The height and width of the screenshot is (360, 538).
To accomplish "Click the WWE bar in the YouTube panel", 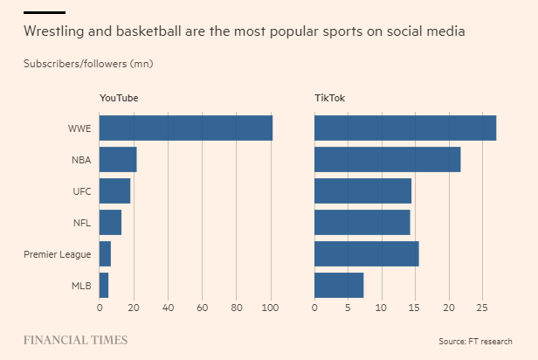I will point(185,128).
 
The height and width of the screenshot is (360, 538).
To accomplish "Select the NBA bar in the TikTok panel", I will point(387,160).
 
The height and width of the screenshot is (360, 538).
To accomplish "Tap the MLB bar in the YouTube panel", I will point(104,285).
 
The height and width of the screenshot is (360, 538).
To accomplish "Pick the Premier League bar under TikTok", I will point(366,253).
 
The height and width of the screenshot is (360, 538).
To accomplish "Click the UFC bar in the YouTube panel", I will point(114,191).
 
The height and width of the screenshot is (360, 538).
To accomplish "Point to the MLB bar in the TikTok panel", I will point(339,285).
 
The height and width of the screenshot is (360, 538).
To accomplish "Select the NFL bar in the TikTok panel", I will point(362,222).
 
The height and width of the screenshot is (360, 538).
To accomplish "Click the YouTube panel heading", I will point(119,98).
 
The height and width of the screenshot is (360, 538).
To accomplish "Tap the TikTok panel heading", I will point(330,98).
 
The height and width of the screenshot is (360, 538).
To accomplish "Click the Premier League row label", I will point(57,254).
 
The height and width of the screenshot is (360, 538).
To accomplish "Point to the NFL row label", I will point(82,223).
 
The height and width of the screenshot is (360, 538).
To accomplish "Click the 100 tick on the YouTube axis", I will point(271,308).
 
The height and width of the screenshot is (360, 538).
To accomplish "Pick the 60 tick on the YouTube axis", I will point(203,308).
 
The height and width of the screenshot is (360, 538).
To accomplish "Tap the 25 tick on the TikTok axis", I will point(482,308).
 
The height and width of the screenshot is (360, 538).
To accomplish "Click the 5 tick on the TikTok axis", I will point(348,308).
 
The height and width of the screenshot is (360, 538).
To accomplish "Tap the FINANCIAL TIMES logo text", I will point(75,340).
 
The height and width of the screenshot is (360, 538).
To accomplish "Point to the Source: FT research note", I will point(475,341).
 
